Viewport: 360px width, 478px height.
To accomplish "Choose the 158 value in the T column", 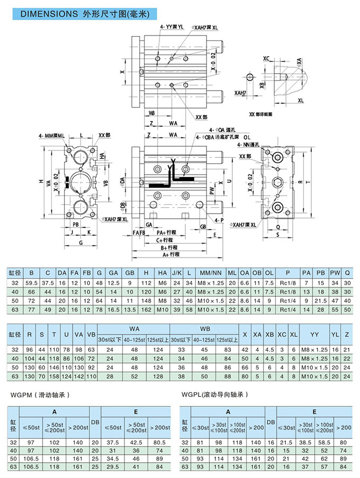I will pos(53,376).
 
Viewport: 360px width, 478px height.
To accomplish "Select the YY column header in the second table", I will pos(314,335).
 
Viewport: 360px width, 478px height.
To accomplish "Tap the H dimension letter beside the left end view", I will pos(41,182).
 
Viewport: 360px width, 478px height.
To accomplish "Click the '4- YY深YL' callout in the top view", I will pos(172,26).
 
